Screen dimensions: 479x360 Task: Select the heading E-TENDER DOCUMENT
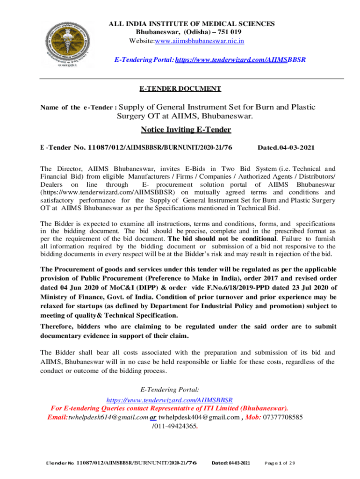[180, 88]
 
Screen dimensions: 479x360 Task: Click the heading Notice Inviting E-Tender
[180, 130]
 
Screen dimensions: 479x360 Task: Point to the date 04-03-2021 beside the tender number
[294, 148]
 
